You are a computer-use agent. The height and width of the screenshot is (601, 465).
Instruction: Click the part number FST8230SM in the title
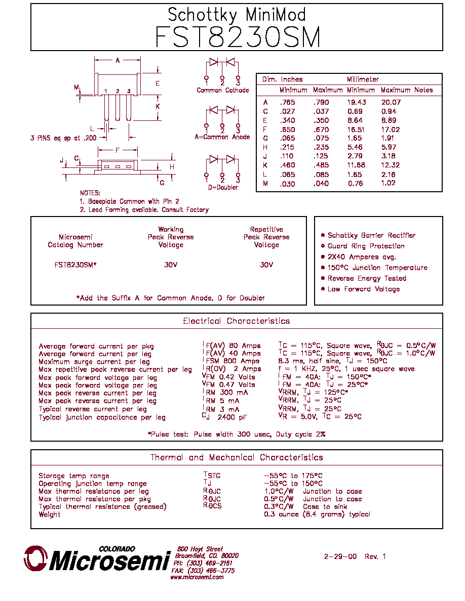tap(238, 37)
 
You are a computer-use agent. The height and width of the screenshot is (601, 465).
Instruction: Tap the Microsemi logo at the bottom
tap(97, 559)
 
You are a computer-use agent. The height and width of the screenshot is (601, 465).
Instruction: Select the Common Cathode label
tap(222, 91)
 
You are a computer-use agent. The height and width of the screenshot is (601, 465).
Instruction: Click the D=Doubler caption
tap(222, 187)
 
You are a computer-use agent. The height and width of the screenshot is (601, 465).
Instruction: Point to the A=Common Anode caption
tap(222, 137)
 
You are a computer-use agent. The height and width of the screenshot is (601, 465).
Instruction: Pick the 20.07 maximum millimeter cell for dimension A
tap(391, 102)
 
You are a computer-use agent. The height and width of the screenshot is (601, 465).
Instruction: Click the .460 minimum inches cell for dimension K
tap(287, 165)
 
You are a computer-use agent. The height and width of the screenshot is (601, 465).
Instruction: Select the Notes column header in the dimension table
tap(423, 90)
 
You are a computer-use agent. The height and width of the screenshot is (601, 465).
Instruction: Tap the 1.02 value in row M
tap(389, 183)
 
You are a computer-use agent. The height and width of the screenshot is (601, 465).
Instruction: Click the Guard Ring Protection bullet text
tap(366, 246)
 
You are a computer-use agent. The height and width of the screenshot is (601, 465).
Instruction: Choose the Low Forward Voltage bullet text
tap(364, 289)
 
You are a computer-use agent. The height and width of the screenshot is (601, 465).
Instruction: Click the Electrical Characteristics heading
tap(237, 321)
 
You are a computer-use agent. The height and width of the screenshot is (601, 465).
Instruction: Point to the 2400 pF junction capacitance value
tap(232, 417)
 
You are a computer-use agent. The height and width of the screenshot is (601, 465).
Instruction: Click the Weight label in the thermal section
tap(50, 515)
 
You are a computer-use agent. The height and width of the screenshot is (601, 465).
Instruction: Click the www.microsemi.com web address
tap(197, 577)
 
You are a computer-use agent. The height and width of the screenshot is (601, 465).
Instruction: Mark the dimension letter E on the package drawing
tap(158, 83)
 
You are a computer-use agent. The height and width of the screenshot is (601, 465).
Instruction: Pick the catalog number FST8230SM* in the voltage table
tap(75, 265)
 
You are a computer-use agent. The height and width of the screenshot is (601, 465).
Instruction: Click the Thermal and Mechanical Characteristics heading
tap(237, 458)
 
